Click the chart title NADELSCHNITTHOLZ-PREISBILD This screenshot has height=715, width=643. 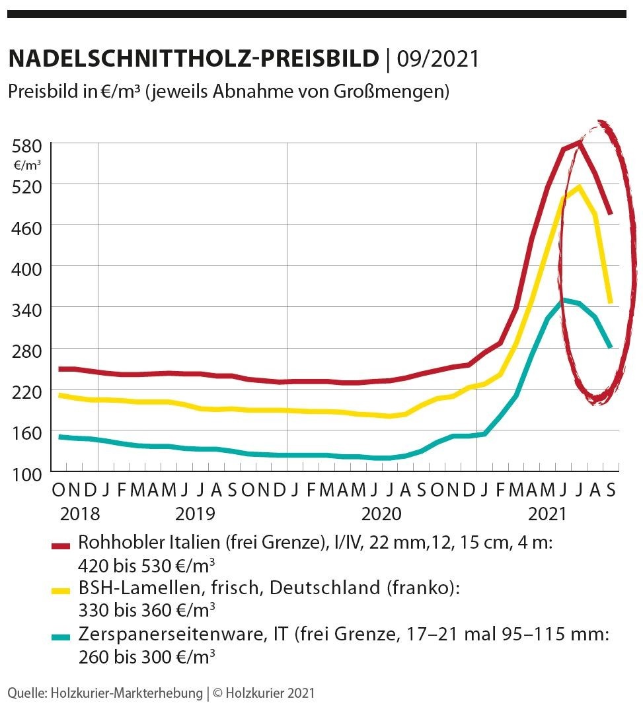pyautogui.click(x=192, y=59)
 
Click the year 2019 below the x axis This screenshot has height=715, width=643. pyautogui.click(x=195, y=514)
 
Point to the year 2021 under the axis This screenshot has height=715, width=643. pyautogui.click(x=548, y=514)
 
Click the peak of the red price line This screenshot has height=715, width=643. pyautogui.click(x=579, y=142)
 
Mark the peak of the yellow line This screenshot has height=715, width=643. pyautogui.click(x=578, y=187)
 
